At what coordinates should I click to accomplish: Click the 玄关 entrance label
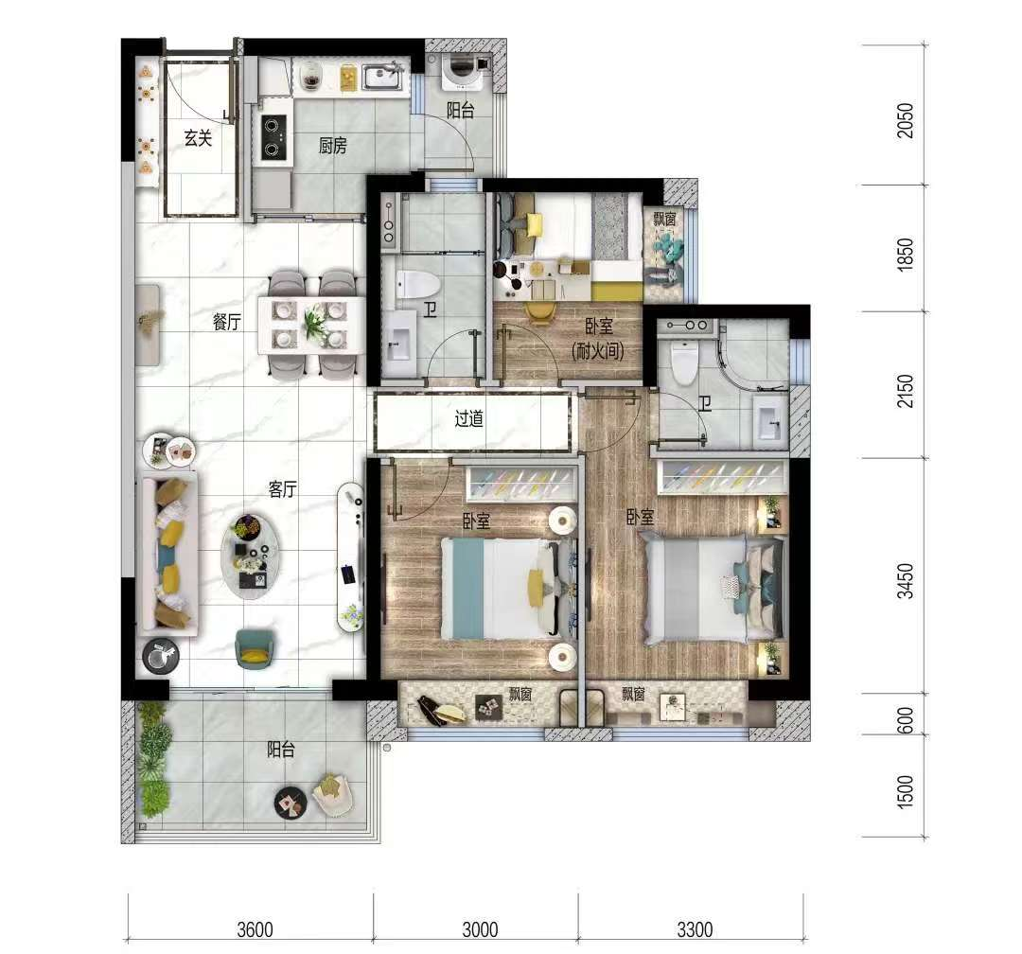(198, 138)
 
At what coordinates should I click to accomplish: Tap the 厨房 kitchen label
(332, 146)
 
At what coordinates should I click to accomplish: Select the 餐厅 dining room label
(227, 322)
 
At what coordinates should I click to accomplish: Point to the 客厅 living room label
(283, 489)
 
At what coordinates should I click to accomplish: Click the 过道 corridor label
(468, 418)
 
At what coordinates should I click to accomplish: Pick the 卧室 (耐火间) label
(598, 339)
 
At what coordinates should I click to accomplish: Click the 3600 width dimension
(255, 929)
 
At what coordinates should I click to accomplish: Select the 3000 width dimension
(480, 929)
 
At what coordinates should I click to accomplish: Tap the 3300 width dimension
(695, 929)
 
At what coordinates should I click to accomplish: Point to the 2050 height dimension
(906, 120)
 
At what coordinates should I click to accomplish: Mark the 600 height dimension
(906, 720)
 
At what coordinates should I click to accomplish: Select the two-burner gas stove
(274, 137)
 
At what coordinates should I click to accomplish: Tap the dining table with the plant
(311, 325)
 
